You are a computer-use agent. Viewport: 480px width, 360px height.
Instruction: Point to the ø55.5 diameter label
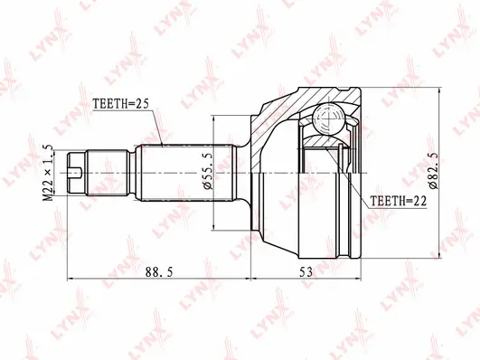click(x=208, y=172)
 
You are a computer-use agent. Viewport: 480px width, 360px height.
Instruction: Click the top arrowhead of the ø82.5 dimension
click(x=442, y=90)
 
